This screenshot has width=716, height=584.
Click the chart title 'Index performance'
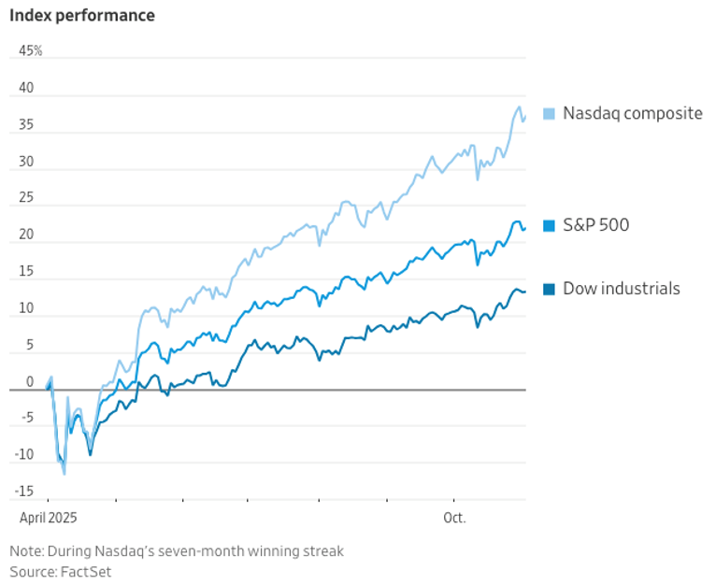[x=82, y=16]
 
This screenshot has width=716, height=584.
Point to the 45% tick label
[x=31, y=50]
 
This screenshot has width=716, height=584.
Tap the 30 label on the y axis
[x=26, y=162]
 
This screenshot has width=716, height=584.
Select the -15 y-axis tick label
[x=24, y=491]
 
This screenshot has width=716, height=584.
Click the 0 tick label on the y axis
[x=30, y=382]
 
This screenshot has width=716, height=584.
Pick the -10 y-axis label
[x=24, y=454]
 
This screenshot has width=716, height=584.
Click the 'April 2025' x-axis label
[x=48, y=518]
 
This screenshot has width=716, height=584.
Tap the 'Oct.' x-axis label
[x=454, y=518]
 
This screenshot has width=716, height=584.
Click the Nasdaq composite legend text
[x=633, y=113]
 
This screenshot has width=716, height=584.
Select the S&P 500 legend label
[x=596, y=225]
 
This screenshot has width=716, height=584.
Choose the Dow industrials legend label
[x=622, y=289]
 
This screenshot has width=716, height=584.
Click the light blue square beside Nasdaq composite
[x=549, y=114]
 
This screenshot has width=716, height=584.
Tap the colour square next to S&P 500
[x=549, y=225]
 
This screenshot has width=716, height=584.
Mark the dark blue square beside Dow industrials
[x=549, y=289]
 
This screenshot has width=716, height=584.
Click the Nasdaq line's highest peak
[x=519, y=107]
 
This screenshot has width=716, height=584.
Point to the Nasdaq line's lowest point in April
[x=64, y=475]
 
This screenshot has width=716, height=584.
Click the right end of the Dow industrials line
[x=525, y=292]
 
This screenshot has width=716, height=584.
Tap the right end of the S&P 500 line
[x=525, y=228]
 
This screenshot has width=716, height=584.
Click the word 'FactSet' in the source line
[x=86, y=572]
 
